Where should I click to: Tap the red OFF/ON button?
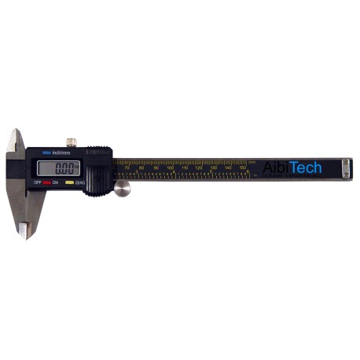(46, 182)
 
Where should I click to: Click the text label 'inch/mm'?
(59, 152)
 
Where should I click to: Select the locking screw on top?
(72, 142)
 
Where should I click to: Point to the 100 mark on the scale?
(170, 167)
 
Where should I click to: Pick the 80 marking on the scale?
(141, 167)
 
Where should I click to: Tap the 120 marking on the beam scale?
(199, 167)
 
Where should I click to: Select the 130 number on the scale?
(213, 167)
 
